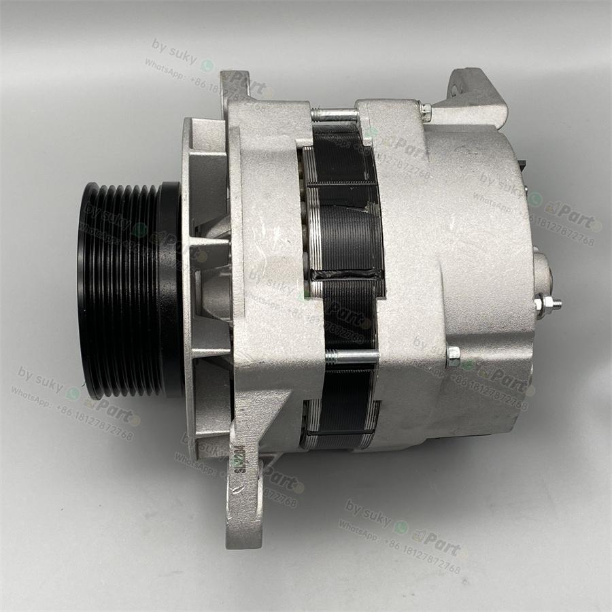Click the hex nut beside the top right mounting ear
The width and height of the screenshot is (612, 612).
pos(426,111)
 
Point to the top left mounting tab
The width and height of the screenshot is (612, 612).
pos(235,85)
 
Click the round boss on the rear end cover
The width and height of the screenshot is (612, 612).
pos(542,272)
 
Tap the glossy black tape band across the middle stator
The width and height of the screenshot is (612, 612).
pos(347,273)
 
